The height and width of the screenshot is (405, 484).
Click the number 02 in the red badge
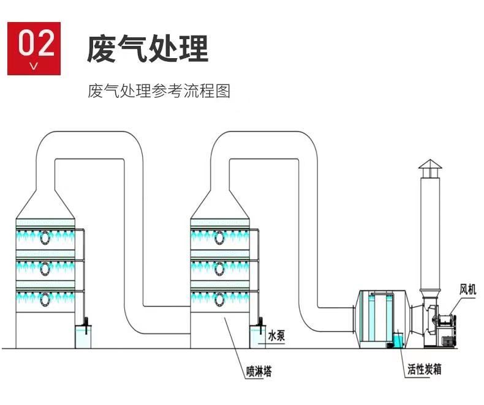point(34,42)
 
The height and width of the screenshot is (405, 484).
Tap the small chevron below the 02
point(34,65)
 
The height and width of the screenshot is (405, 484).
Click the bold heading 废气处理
point(148,50)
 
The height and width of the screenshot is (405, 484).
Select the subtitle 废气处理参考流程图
point(159,92)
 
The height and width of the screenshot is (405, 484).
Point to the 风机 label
point(467,289)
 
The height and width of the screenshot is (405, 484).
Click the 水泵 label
point(276,336)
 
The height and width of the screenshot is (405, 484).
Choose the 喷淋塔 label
point(259,370)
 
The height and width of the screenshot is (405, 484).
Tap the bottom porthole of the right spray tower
point(220,299)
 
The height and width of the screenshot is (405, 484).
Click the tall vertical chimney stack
point(429,232)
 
